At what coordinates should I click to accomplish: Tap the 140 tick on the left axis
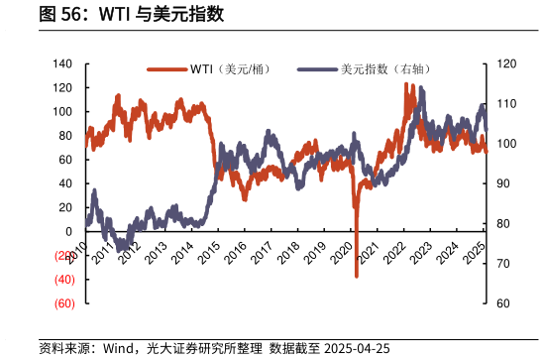63,63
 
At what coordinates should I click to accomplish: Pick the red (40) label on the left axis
63,280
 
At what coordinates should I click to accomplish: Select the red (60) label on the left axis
63,303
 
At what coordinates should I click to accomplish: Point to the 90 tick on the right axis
502,183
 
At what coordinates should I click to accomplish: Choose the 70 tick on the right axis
502,264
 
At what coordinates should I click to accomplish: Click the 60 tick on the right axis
502,303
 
